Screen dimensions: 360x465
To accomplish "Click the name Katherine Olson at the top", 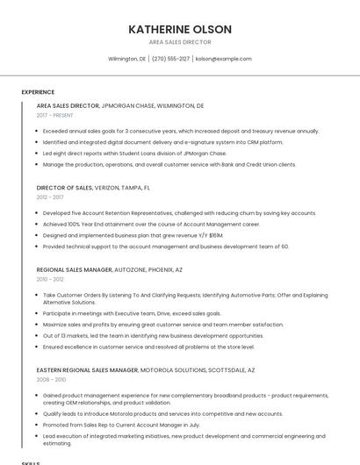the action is [180, 29].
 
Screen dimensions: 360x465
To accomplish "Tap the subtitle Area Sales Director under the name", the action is [180, 42].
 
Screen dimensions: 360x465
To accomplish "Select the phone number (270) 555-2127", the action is [170, 59].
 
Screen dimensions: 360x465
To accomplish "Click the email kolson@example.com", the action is [223, 59].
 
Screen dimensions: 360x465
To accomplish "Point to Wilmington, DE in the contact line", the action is [127, 59].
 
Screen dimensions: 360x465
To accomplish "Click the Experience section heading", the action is [38, 92].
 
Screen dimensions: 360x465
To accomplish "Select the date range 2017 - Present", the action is [55, 115].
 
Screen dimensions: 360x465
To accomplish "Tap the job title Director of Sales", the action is [64, 188].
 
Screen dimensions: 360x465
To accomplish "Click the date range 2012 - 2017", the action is [50, 197].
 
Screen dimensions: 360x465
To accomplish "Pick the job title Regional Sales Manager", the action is [75, 270].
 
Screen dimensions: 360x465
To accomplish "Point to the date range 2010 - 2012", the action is [50, 280].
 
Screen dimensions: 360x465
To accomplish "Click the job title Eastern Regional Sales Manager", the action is [87, 371].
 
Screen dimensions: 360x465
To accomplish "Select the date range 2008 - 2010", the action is [51, 381].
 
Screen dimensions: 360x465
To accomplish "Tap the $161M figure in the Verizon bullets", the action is [215, 235].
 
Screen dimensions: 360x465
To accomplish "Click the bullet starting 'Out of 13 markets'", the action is [153, 335].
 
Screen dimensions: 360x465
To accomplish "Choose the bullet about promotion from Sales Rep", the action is [121, 425].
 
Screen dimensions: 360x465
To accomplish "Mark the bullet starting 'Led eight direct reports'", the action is [134, 153].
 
